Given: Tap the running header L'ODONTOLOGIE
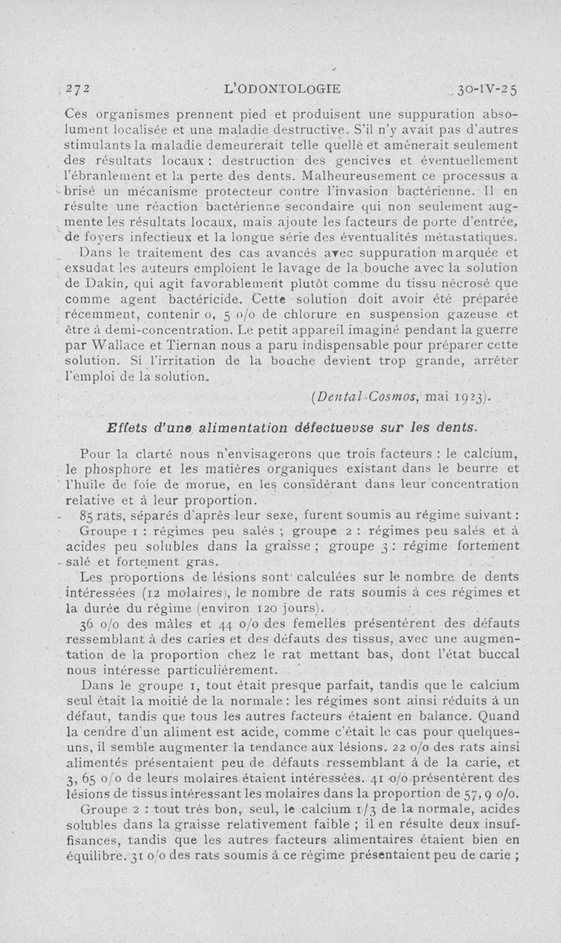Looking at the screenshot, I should [281, 89].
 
